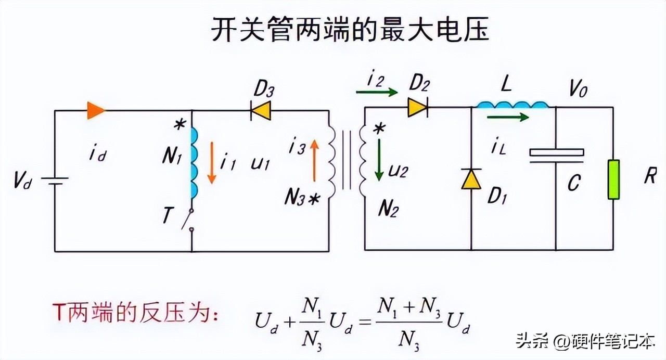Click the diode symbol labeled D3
point(260,110)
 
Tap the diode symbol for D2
point(417,108)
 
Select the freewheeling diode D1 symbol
point(471,178)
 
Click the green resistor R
point(614,179)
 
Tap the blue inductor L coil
point(512,106)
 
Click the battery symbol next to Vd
point(55,181)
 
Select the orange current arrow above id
point(96,110)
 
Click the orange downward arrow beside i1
point(211,162)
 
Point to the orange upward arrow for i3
point(314,160)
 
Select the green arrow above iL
point(508,118)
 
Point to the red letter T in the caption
point(59,313)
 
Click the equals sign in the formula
point(364,323)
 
